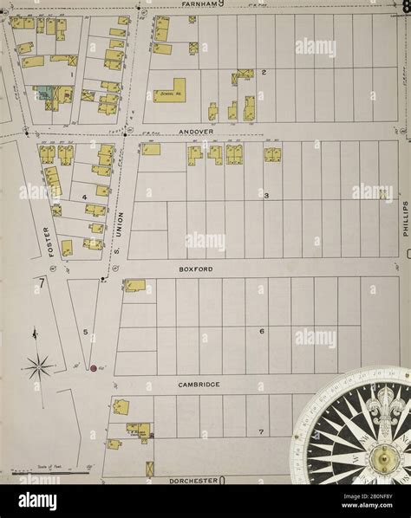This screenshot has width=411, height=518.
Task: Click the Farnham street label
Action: pyautogui.click(x=199, y=4)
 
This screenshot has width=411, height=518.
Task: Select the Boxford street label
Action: pyautogui.click(x=196, y=269)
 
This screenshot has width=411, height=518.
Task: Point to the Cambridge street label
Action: pyautogui.click(x=199, y=384)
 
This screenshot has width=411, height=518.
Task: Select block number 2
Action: pyautogui.click(x=264, y=72)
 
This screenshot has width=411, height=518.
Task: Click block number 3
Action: pyautogui.click(x=266, y=196)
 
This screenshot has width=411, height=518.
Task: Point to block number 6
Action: pyautogui.click(x=261, y=331)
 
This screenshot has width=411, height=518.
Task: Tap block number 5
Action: pyautogui.click(x=85, y=332)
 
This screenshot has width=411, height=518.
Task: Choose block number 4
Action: pyautogui.click(x=84, y=197)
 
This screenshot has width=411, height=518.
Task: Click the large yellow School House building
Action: pyautogui.click(x=170, y=91)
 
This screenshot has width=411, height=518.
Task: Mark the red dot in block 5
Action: pyautogui.click(x=93, y=369)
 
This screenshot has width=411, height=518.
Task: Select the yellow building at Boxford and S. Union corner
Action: pyautogui.click(x=134, y=285)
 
